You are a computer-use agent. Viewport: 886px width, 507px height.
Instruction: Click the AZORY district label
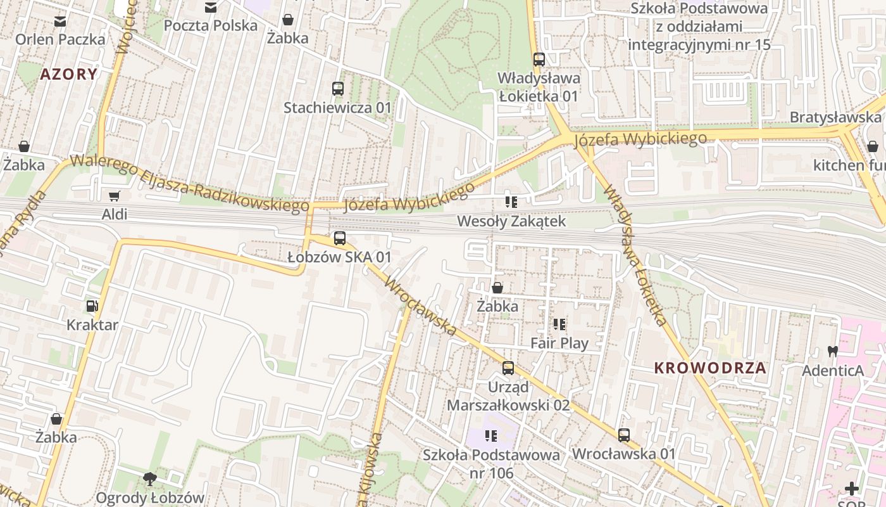click(69, 74)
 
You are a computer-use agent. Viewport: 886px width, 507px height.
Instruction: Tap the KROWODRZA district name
click(710, 368)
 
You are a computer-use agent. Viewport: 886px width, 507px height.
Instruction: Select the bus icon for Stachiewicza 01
click(338, 89)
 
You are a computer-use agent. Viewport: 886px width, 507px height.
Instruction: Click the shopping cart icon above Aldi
click(114, 196)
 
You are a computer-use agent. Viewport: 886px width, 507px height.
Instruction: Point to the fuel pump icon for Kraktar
click(92, 306)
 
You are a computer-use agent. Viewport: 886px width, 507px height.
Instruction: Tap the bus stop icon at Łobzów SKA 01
click(340, 238)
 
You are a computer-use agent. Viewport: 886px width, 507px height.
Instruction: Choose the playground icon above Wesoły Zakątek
click(511, 202)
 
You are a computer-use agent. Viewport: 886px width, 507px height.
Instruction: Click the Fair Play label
click(559, 343)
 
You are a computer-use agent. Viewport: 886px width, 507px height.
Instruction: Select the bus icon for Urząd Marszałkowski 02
click(508, 368)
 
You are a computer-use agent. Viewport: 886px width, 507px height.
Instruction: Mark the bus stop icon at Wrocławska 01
click(624, 435)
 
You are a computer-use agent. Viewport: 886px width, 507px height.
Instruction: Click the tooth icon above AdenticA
click(832, 351)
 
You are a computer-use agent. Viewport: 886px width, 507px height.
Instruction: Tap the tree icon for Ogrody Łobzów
click(150, 479)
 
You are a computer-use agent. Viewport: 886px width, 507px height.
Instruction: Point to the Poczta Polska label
click(211, 25)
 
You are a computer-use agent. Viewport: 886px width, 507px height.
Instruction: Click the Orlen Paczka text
click(60, 39)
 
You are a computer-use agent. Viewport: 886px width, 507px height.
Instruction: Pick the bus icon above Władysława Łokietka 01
click(539, 60)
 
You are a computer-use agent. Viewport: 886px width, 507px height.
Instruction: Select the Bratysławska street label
click(835, 117)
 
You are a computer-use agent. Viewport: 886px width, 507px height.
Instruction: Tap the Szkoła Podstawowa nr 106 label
click(491, 463)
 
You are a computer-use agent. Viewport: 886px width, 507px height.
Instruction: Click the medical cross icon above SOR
click(852, 489)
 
